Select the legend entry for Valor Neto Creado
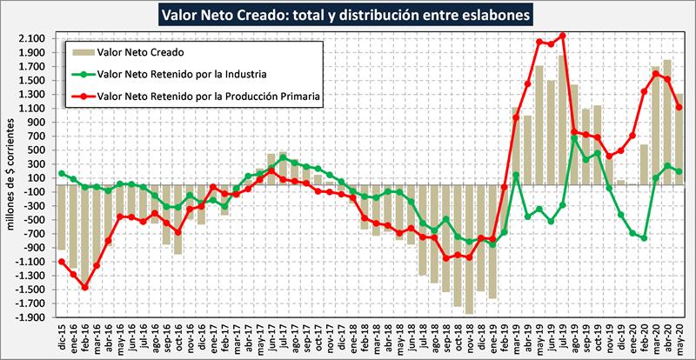point(145,52)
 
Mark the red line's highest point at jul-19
point(563,36)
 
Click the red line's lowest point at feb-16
point(84,287)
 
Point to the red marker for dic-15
point(62,262)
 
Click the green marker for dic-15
point(62,173)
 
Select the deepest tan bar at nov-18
point(470,249)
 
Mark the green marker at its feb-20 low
point(644,237)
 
